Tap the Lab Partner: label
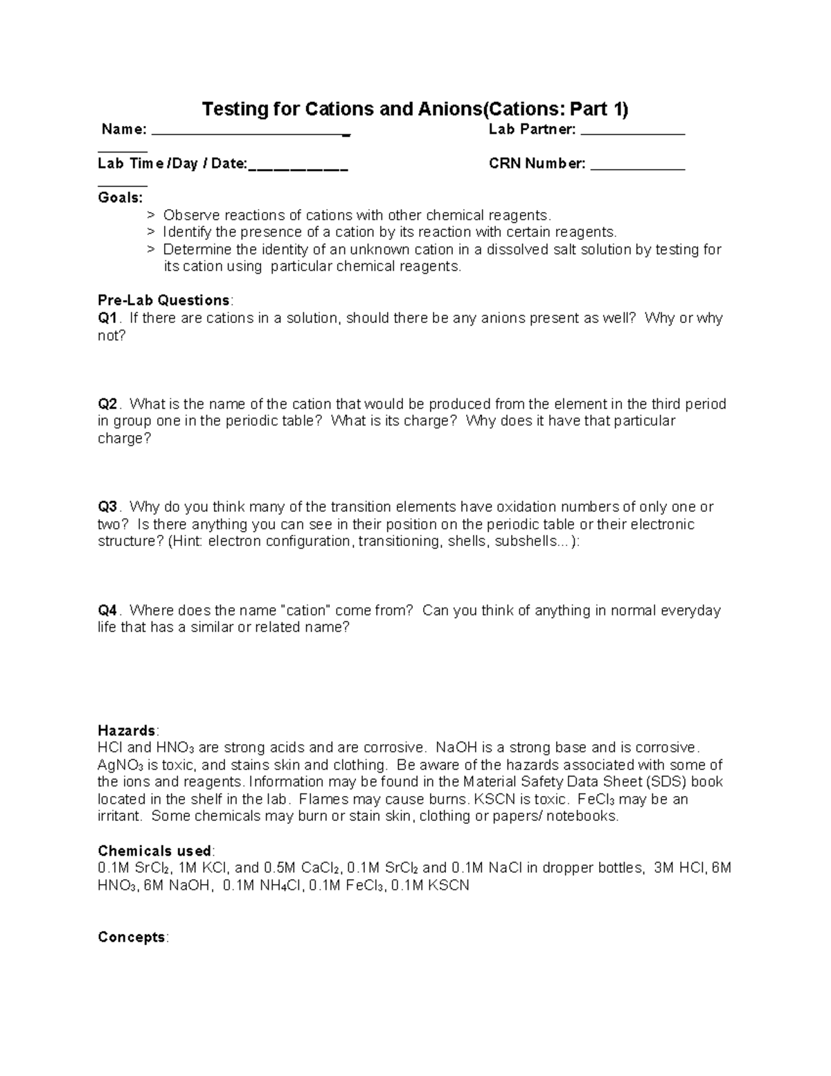tap(532, 130)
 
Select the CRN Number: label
tap(537, 164)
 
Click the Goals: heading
tap(120, 198)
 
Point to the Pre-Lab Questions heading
tap(164, 301)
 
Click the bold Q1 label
tap(109, 318)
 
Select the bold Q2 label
tap(109, 404)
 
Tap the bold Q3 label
tap(109, 507)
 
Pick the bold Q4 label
tap(109, 610)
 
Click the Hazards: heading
tap(128, 731)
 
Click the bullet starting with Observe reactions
tap(357, 215)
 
